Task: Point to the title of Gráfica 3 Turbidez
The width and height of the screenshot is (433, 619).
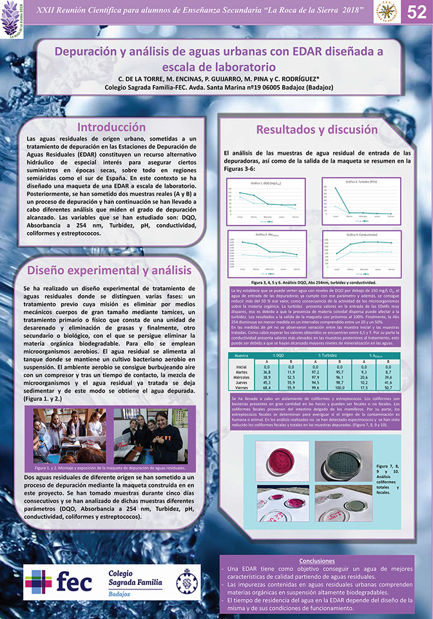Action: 360,182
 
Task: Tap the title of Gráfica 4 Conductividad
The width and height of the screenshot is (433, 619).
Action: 360,235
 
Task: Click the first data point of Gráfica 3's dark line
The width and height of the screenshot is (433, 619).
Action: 336,188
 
